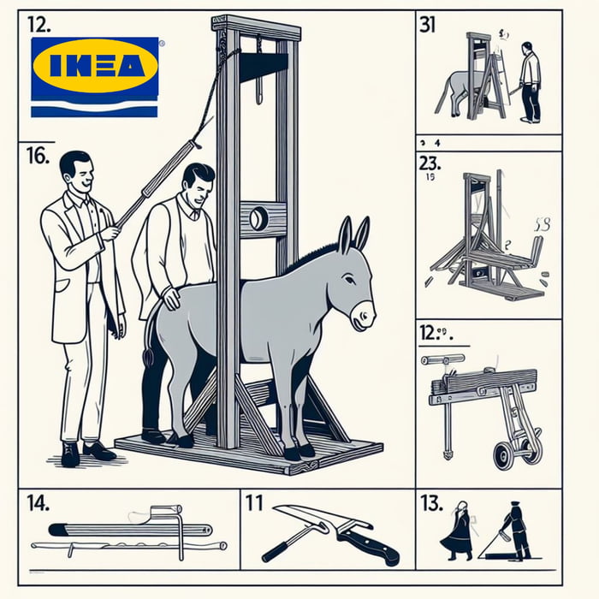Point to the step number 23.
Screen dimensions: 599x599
pyautogui.click(x=431, y=163)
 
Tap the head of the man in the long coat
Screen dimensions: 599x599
pyautogui.click(x=74, y=169)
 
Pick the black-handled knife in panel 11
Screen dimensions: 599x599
pyautogui.click(x=366, y=544)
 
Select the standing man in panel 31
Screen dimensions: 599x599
pyautogui.click(x=530, y=82)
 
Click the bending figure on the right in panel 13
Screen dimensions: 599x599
pyautogui.click(x=516, y=528)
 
